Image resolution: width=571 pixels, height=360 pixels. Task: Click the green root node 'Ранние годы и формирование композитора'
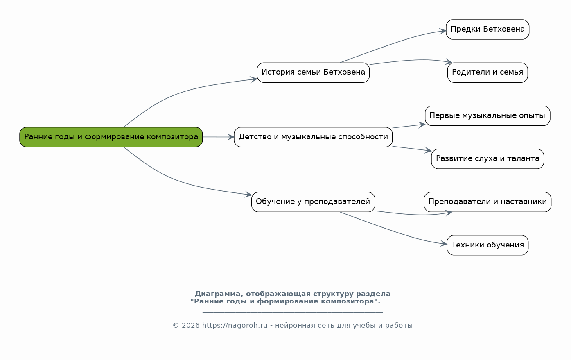pyautogui.click(x=111, y=137)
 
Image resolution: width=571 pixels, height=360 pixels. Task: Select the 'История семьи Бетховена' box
pyautogui.click(x=313, y=72)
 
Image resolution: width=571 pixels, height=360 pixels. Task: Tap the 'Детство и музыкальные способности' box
pyautogui.click(x=313, y=137)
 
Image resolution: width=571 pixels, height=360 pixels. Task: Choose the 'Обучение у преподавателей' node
pyautogui.click(x=313, y=202)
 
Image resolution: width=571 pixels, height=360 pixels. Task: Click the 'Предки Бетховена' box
pyautogui.click(x=487, y=29)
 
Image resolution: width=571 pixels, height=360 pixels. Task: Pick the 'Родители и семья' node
pyautogui.click(x=487, y=72)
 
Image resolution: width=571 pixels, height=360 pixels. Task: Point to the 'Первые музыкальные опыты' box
pyautogui.click(x=487, y=115)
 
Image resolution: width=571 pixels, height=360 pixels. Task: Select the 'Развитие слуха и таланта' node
pyautogui.click(x=487, y=159)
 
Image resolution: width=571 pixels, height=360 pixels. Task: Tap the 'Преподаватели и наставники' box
pyautogui.click(x=487, y=202)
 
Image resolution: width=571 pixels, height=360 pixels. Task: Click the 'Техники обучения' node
pyautogui.click(x=487, y=245)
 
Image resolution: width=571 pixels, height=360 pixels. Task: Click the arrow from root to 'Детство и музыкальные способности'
pyautogui.click(x=218, y=137)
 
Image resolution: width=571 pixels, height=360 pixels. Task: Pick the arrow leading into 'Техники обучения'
pyautogui.click(x=393, y=231)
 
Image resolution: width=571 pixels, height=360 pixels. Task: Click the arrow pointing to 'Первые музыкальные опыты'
pyautogui.click(x=409, y=126)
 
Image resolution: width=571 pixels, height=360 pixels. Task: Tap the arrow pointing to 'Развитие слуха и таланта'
pyautogui.click(x=411, y=149)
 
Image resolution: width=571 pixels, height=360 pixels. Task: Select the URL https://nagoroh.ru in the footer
pyautogui.click(x=235, y=326)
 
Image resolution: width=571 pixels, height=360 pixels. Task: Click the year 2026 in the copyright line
pyautogui.click(x=191, y=326)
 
